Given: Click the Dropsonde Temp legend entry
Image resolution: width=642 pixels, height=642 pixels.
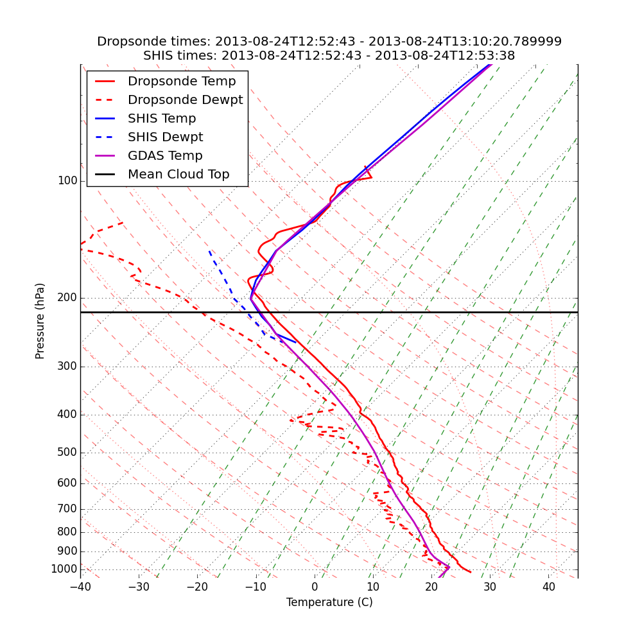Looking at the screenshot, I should (182, 82).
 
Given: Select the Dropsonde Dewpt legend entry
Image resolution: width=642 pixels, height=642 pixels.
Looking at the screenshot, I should (185, 100).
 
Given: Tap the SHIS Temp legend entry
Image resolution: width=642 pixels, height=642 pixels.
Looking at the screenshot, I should (162, 119).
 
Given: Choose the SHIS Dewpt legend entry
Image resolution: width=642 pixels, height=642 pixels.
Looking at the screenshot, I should (165, 137).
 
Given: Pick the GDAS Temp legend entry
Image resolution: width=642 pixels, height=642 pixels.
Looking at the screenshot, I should (165, 156).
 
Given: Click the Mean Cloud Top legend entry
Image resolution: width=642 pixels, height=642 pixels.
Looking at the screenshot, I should (178, 175).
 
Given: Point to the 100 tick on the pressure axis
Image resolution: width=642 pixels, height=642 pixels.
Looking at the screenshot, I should (67, 181).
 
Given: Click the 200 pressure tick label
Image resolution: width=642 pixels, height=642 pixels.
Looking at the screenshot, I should (67, 298).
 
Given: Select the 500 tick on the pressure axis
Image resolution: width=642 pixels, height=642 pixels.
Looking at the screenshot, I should (67, 453).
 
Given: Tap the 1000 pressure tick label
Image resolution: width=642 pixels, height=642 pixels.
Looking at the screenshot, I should (64, 569).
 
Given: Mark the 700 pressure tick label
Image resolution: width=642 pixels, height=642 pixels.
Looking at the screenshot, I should (67, 509).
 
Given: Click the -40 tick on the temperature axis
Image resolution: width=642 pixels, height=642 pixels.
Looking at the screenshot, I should (80, 587).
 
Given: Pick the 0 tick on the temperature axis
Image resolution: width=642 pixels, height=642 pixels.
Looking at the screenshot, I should (315, 587).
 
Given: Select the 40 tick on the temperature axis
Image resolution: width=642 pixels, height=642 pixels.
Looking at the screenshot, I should (549, 587).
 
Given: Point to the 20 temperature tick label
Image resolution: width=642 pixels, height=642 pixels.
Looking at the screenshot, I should (431, 587).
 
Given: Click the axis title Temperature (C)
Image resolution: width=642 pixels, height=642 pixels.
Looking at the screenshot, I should (329, 603).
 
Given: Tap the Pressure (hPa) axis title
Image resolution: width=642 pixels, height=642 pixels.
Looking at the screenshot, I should (40, 321).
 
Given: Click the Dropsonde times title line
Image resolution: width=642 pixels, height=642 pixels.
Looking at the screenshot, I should (329, 42).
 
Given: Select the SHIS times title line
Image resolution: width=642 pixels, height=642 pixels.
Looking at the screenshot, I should (329, 56).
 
